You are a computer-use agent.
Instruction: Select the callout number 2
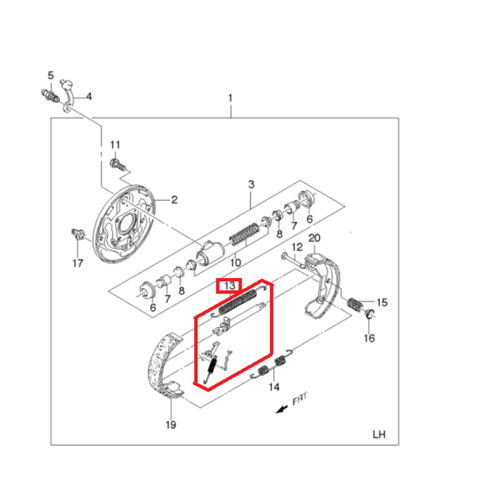[174, 200]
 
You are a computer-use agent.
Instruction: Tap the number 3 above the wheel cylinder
[251, 184]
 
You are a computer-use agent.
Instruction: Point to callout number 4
[89, 96]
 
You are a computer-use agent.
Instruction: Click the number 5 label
[50, 75]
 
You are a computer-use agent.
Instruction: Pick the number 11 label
[115, 144]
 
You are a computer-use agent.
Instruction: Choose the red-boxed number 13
[229, 285]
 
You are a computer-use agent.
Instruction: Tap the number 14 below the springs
[274, 387]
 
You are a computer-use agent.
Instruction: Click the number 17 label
[78, 264]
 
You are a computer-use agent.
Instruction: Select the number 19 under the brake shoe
[170, 425]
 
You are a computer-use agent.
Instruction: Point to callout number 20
[314, 239]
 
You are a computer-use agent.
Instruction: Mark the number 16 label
[369, 337]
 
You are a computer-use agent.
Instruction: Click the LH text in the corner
[379, 434]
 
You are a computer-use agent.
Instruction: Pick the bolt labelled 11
[117, 163]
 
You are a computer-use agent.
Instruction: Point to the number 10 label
[236, 263]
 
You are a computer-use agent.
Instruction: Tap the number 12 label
[297, 247]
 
